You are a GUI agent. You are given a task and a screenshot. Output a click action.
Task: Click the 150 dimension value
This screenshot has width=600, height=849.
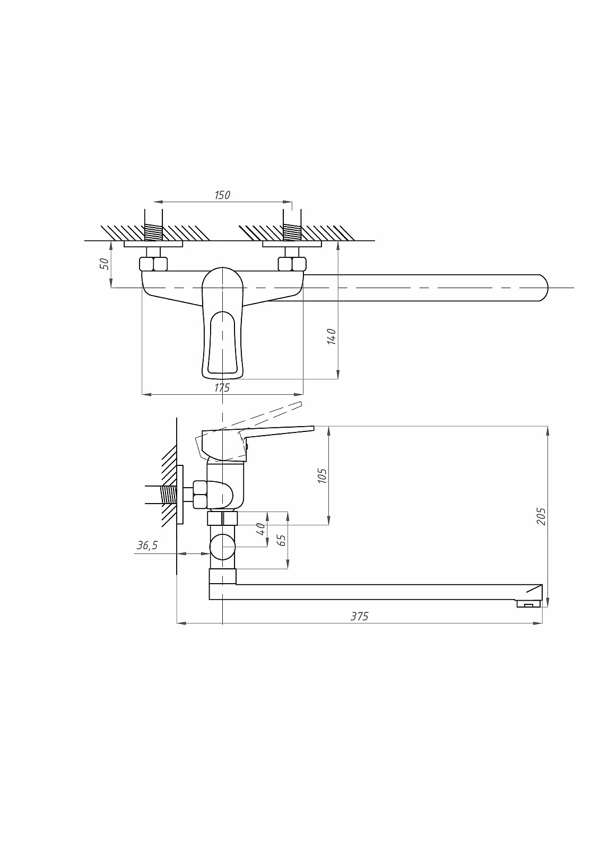click(x=222, y=195)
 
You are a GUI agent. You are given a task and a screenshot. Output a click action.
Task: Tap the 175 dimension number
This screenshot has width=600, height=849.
click(x=222, y=387)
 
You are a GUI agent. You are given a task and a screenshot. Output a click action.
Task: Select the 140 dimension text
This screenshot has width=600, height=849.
click(x=331, y=336)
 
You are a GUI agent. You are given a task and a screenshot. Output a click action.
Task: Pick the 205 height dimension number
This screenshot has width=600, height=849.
click(x=541, y=517)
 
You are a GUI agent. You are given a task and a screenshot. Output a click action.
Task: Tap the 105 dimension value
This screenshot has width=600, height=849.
click(x=322, y=475)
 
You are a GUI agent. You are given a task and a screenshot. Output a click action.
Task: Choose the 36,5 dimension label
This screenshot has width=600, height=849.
click(x=147, y=545)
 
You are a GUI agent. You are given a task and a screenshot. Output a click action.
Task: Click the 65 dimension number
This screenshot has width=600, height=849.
click(x=282, y=540)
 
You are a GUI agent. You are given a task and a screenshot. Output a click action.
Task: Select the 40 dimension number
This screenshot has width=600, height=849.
click(x=261, y=529)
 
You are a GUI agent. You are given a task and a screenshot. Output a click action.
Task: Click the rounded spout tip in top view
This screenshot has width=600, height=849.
click(x=544, y=288)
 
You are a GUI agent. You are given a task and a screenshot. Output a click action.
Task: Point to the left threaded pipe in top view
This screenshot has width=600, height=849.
click(x=154, y=232)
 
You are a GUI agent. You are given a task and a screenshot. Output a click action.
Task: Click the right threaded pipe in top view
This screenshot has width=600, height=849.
click(x=292, y=232)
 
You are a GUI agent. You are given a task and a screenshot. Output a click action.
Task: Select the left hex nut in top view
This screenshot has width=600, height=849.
click(x=153, y=264)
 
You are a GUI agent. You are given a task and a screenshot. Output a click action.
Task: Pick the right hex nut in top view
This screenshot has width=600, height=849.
click(x=292, y=264)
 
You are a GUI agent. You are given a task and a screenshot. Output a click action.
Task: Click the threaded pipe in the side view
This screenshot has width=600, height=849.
click(x=169, y=495)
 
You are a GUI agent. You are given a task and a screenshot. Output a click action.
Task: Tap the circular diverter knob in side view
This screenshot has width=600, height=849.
click(x=223, y=547)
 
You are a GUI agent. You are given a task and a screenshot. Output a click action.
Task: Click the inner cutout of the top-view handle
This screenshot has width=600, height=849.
click(x=222, y=342)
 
